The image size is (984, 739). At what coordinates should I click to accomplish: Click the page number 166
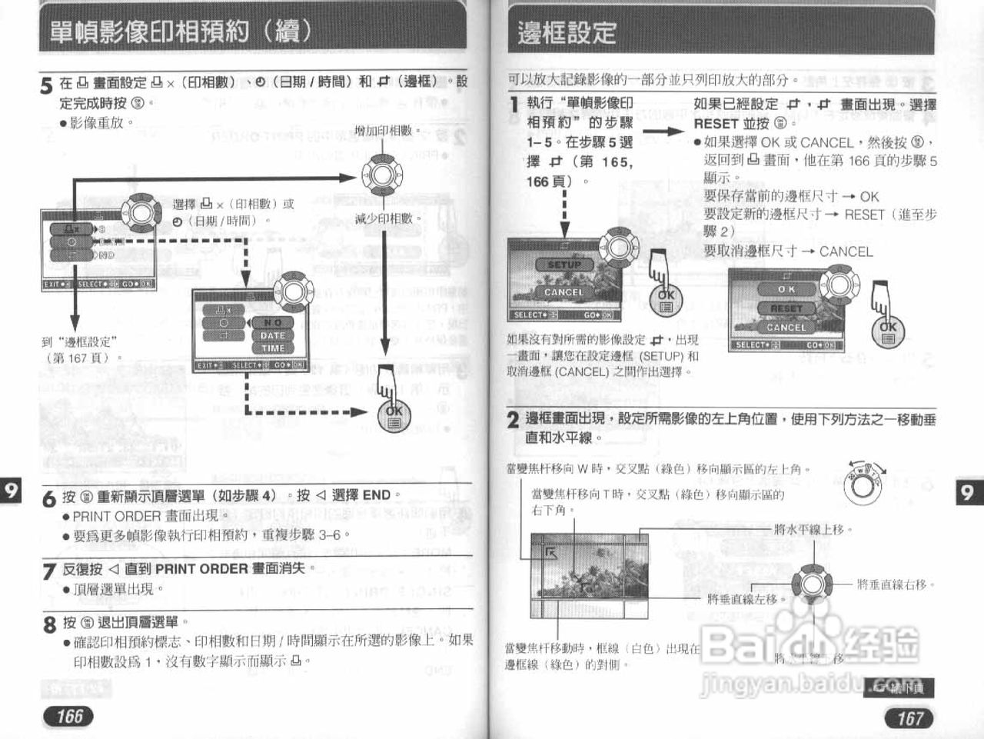coord(69,716)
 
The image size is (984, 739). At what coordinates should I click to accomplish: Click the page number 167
coord(909,717)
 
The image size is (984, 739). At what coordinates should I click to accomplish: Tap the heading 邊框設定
coord(567,33)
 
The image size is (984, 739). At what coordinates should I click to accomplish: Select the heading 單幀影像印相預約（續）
coord(181,31)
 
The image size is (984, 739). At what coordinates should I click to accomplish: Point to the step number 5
coord(47,85)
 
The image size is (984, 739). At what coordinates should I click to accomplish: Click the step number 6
coord(49,498)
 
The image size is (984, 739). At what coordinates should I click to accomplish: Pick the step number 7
coord(49,571)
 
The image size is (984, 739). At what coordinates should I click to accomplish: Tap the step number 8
coord(49,624)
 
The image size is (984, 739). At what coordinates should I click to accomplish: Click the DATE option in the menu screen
coord(272,336)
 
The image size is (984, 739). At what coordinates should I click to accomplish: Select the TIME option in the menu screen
coord(272,348)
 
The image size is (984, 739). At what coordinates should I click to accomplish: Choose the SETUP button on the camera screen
coord(564,265)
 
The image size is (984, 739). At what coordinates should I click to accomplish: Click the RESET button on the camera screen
coord(786,308)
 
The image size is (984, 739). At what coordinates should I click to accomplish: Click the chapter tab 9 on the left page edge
coord(11,491)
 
